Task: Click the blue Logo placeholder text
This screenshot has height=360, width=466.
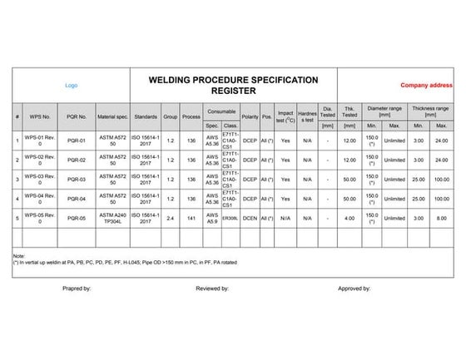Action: coord(71,85)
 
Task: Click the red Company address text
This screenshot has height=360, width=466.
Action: coord(426,85)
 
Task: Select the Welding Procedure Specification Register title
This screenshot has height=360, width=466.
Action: coord(233,85)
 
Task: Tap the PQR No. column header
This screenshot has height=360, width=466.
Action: coord(77,117)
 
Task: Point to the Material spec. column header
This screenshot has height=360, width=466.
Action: coord(112,117)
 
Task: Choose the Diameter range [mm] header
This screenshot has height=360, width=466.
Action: coord(384,111)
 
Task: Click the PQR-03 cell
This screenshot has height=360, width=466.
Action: coord(77,179)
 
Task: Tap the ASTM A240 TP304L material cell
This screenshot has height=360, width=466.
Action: coord(112,218)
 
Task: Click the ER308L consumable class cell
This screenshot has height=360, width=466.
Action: coord(230,218)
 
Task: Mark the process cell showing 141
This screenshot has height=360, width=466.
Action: coord(191,218)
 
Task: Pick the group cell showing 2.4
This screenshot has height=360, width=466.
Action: coord(170,218)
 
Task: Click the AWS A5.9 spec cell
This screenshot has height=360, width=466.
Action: coord(211,218)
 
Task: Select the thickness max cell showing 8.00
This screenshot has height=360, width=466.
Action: coord(441,218)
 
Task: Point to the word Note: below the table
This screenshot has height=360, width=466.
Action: coord(20,255)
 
